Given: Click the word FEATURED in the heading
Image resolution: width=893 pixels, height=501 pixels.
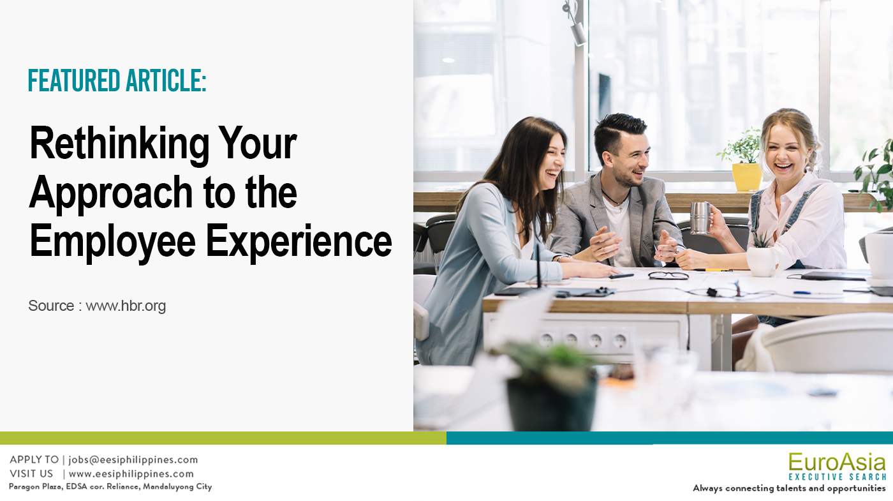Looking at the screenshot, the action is pos(74,80).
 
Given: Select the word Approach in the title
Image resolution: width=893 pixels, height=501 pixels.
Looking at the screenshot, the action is pos(111,194).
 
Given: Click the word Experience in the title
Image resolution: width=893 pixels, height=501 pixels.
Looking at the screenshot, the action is pos(299,242).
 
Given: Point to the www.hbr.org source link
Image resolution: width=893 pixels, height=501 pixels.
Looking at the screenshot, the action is pos(126,306).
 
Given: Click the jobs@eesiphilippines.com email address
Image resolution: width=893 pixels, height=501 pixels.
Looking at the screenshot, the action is pos(133,460).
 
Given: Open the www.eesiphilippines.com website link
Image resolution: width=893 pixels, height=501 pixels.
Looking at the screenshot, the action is pos(131,474).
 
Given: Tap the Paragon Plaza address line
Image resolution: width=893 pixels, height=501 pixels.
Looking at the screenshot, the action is pos(110,486).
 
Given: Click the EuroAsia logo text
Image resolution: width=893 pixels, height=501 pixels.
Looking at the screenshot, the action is pos(837,462).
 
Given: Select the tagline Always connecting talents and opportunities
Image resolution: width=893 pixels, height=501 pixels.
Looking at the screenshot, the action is pos(790,488).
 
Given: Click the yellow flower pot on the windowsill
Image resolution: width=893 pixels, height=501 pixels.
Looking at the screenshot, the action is pos(747,177).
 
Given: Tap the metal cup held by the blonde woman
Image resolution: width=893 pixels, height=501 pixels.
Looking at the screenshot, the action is pos(700,218).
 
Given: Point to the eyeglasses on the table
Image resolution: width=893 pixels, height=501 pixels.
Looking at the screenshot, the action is pos(668,275).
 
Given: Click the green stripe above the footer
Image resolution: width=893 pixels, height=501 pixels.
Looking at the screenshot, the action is pos(223,438).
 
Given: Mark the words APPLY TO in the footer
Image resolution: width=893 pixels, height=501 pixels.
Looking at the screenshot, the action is pos(34,460).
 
